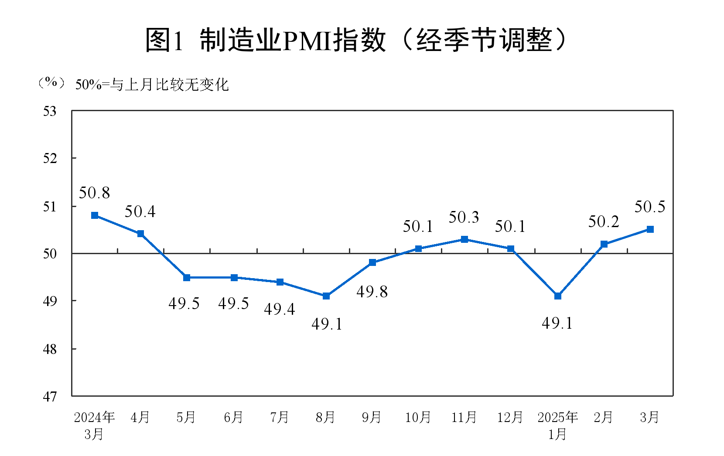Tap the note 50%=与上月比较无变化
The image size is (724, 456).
coord(152,85)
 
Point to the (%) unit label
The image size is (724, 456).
coord(51,83)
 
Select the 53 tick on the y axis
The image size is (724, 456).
coord(50,112)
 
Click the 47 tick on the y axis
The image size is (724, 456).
coord(50,397)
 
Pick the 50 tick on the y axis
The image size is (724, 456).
coord(50,254)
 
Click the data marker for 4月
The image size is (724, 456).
coord(140,234)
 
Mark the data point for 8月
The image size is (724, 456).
coord(326,296)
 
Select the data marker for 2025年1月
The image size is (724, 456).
coord(557,296)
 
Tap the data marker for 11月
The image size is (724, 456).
coord(464,239)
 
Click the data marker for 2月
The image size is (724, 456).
coord(604,244)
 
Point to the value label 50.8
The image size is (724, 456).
coord(94,193)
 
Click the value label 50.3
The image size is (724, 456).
coord(464,217)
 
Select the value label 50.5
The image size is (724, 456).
coord(650,207)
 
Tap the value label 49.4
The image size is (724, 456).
coord(280,310)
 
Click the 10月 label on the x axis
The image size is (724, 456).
coord(418,418)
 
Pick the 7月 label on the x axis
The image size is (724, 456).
coord(280,418)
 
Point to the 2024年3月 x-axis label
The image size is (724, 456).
coord(94,425)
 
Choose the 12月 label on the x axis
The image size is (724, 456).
coord(510,418)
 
